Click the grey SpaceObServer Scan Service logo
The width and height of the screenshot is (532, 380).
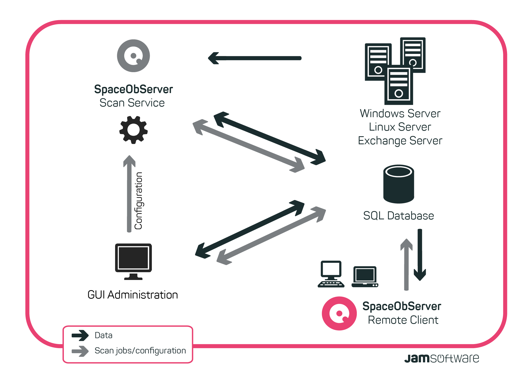coord(133,56)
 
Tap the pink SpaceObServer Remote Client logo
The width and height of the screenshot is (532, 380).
coord(339,313)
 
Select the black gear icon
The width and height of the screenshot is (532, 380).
coord(133,130)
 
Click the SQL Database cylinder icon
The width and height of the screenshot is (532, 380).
coord(399,184)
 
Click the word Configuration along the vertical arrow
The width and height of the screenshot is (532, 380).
coord(138,201)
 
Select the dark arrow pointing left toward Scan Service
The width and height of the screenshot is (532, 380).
coord(255,58)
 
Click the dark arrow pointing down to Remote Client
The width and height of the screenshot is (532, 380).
coord(420,255)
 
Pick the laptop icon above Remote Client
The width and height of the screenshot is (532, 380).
coord(365,277)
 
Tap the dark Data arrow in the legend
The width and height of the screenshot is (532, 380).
coord(80,335)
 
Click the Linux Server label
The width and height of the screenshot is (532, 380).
coord(400,127)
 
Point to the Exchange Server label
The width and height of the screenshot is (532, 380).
coord(400,141)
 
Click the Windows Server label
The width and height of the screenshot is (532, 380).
coord(400,113)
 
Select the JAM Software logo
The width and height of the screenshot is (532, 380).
coord(442,358)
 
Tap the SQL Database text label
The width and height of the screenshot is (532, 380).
coord(398,216)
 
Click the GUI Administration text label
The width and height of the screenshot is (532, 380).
coord(133,295)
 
